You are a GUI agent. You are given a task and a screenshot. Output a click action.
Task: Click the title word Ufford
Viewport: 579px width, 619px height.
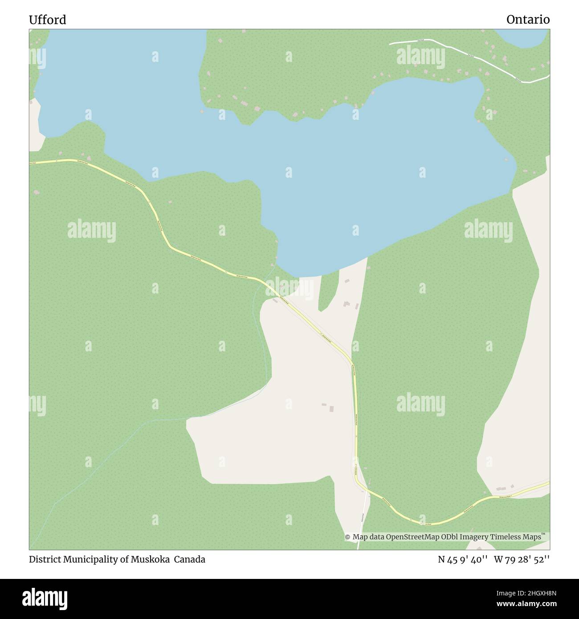tap(47, 20)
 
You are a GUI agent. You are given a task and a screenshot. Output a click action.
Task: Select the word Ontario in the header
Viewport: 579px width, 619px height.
tap(528, 20)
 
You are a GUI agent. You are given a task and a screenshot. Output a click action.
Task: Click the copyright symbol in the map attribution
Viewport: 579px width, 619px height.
tap(348, 537)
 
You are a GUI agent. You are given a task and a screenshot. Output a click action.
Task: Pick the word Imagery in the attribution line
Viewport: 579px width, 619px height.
tap(474, 537)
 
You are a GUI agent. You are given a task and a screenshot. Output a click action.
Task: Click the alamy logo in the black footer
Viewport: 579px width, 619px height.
tap(44, 598)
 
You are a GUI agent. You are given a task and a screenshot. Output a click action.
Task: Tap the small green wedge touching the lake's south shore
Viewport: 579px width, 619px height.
tap(326, 292)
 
